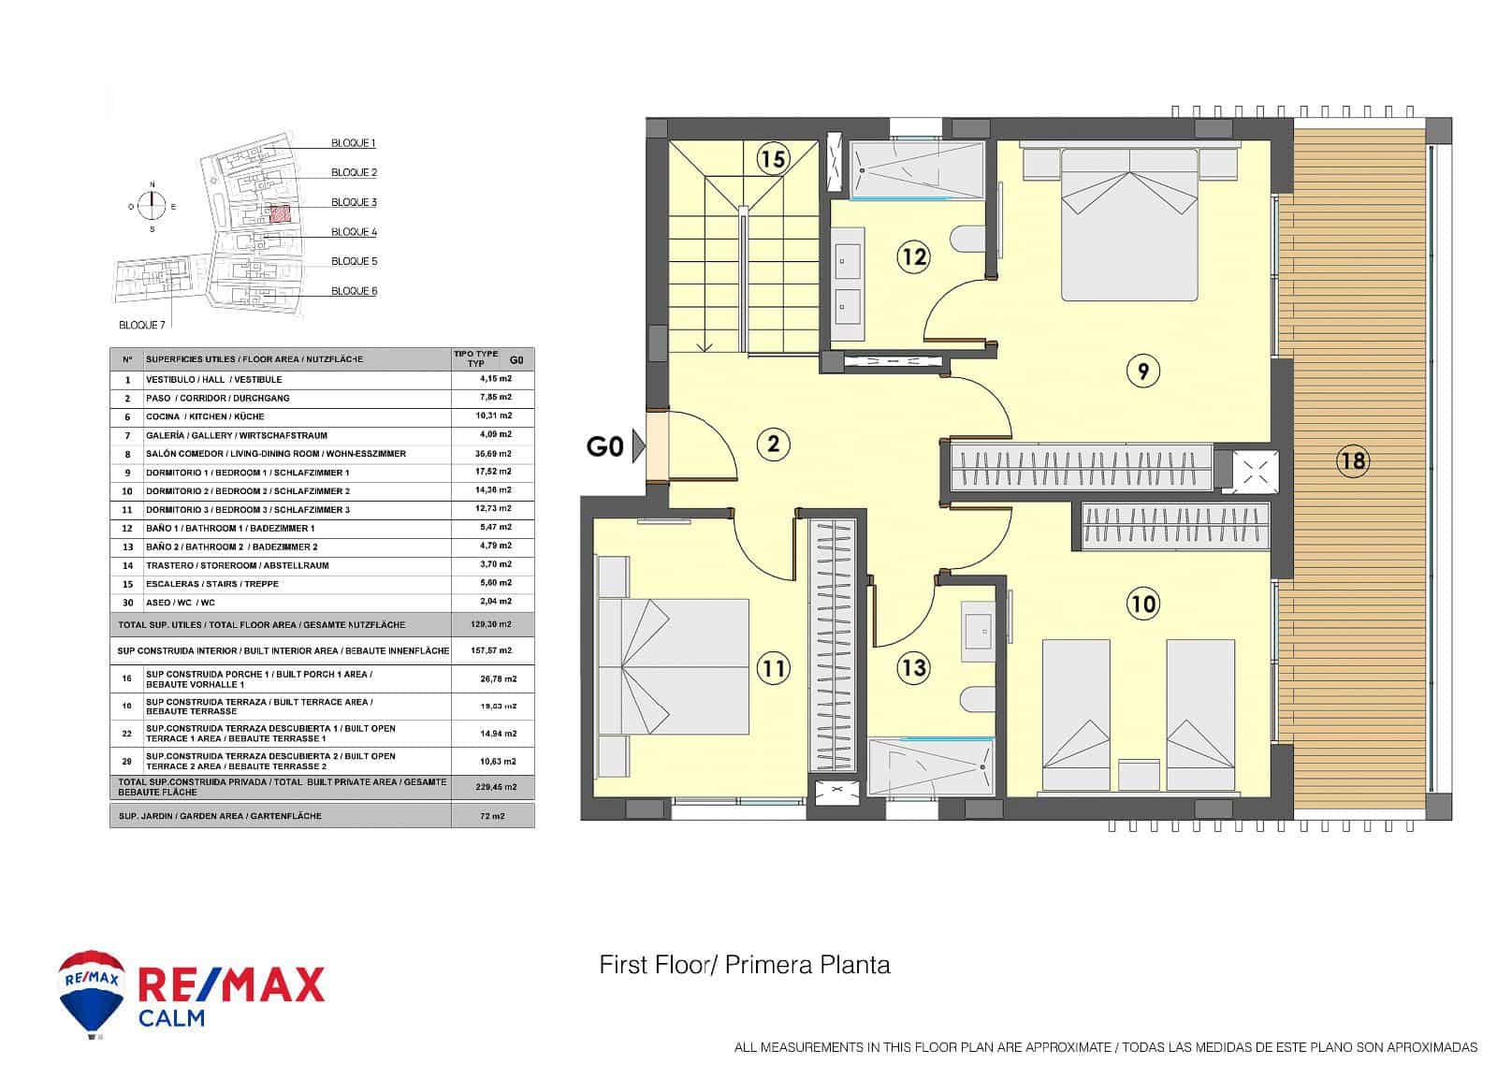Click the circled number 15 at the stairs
tap(772, 159)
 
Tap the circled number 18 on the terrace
tap(1353, 459)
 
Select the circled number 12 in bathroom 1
tap(913, 255)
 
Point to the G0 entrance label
tap(604, 446)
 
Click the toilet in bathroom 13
tap(978, 698)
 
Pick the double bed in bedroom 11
tap(674, 666)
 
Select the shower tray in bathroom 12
tap(918, 169)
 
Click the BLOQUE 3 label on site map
tap(354, 202)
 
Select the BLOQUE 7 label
tap(142, 325)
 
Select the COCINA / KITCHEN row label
tap(204, 416)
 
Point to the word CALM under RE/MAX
tap(171, 1017)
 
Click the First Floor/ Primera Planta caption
tap(745, 965)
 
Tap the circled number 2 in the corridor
tap(773, 443)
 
